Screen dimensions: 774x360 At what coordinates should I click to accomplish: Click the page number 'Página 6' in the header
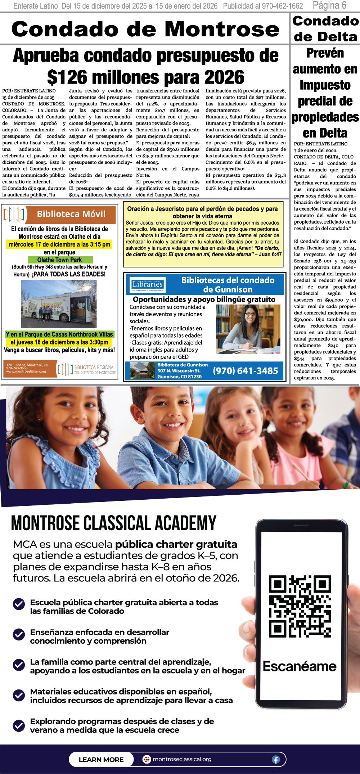[329, 5]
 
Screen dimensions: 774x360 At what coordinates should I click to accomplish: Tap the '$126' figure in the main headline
[67, 77]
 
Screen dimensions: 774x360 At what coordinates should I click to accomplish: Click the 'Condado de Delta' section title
[325, 29]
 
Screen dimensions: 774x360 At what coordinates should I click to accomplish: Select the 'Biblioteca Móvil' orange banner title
[71, 214]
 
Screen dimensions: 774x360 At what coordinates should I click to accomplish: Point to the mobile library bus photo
[59, 304]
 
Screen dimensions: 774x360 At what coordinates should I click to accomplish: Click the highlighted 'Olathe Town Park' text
[60, 260]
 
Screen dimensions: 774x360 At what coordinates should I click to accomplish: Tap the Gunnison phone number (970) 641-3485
[246, 371]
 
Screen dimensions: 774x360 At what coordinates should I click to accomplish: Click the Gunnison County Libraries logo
[148, 285]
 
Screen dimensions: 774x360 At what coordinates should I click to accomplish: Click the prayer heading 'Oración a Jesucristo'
[202, 212]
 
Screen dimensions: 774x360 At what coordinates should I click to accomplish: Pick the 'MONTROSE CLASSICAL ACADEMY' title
[114, 524]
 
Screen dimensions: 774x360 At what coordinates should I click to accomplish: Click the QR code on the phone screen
[300, 607]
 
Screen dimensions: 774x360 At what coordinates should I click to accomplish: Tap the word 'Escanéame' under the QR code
[300, 666]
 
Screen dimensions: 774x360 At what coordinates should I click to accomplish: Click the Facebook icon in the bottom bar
[276, 760]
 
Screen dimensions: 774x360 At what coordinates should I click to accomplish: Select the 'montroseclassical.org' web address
[182, 759]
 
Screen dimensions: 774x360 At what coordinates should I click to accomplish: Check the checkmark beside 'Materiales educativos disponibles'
[19, 695]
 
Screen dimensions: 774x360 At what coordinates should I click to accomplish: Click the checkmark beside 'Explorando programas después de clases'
[19, 725]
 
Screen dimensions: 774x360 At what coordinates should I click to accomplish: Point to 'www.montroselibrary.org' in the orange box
[26, 372]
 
